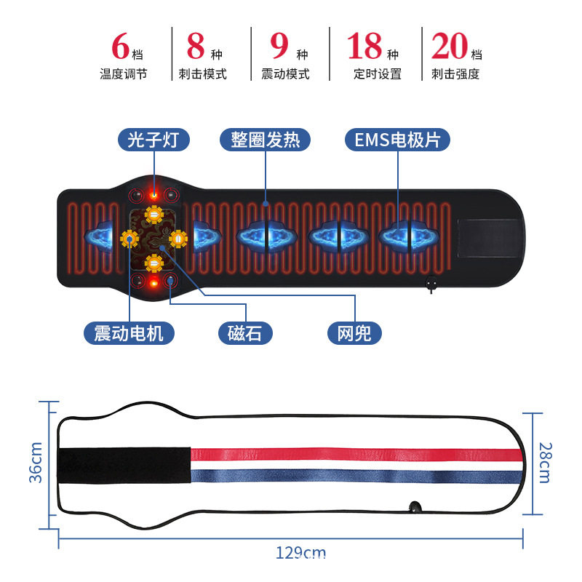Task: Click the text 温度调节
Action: coord(123,73)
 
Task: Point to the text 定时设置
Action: coord(378,73)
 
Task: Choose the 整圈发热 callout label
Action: coord(260,139)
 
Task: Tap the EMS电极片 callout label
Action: coord(397,139)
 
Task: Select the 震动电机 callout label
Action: coord(129,333)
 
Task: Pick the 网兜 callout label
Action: coord(354,333)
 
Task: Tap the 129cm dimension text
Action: coord(300,553)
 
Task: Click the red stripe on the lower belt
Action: coord(356,455)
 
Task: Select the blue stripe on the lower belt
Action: coord(356,477)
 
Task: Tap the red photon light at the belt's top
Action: coord(154,194)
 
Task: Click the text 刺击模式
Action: coord(202,73)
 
